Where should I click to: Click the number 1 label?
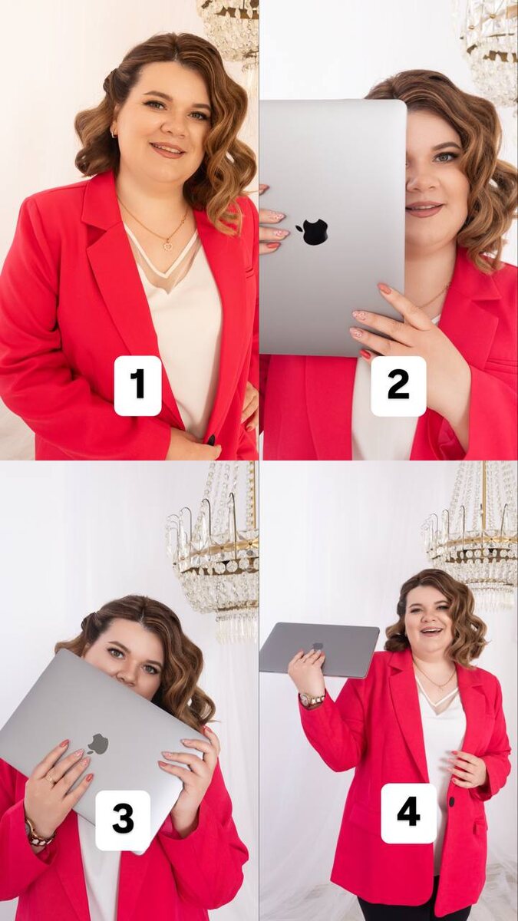(137, 385)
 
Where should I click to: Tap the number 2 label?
(398, 385)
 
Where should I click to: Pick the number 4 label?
(408, 813)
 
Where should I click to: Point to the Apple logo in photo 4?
(317, 646)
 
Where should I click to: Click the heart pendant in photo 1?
(167, 246)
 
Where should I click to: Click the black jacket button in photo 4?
(452, 801)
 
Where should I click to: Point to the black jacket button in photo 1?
(211, 440)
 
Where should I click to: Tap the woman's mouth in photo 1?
(167, 149)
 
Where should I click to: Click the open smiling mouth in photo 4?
(431, 630)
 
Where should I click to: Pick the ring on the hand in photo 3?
(50, 778)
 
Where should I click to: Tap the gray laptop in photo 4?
(319, 649)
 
